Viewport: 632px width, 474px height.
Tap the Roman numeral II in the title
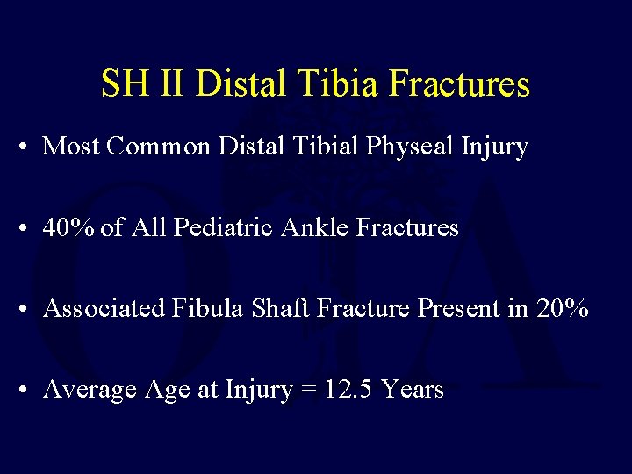tap(169, 84)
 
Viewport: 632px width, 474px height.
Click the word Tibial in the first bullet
tap(334, 147)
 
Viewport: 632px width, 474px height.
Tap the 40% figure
tap(69, 228)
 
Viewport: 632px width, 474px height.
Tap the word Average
tap(86, 390)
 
